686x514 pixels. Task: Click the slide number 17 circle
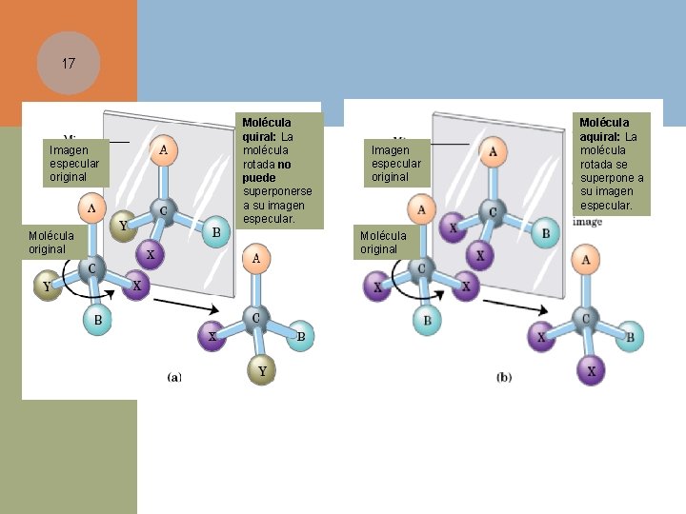[x=68, y=64]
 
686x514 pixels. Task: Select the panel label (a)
[x=175, y=377]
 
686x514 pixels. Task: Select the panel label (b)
[x=505, y=377]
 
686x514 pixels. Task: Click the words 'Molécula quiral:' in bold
[x=266, y=129]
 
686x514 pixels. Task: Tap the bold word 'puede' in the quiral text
[x=258, y=177]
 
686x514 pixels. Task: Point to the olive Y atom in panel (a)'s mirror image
[x=121, y=226]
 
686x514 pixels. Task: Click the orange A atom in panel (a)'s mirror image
[x=164, y=148]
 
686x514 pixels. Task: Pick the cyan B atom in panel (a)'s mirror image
[x=216, y=231]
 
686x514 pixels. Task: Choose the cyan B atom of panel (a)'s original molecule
[x=97, y=321]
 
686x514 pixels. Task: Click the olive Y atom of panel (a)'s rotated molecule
[x=262, y=371]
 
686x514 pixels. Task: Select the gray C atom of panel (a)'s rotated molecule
[x=255, y=317]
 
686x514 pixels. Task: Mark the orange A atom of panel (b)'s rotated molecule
[x=586, y=259]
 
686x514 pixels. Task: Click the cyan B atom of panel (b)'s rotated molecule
[x=629, y=334]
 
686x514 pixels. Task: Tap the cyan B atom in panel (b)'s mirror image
[x=545, y=232]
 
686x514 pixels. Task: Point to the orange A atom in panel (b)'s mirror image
[x=493, y=149]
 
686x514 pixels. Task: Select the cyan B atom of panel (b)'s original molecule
[x=427, y=321]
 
